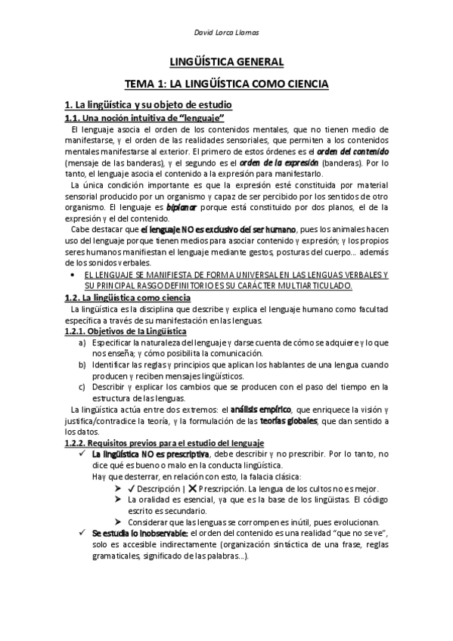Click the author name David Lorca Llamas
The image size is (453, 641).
click(227, 32)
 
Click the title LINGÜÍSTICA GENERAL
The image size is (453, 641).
click(226, 62)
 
